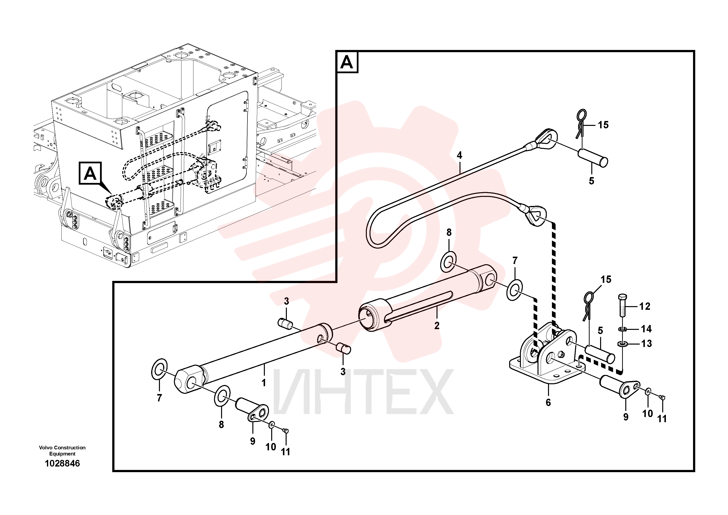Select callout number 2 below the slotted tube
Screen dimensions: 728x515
[x=437, y=325]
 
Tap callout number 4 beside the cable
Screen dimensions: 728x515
[x=459, y=155]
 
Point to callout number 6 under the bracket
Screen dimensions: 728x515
[x=548, y=403]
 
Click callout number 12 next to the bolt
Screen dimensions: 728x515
[x=645, y=306]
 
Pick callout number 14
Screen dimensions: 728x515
[x=646, y=329]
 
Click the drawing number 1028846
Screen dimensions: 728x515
[x=62, y=464]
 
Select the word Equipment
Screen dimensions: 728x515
[x=62, y=454]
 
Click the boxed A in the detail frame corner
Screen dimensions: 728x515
[x=347, y=62]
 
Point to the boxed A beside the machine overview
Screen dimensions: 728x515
[x=90, y=173]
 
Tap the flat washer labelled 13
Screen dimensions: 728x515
[x=623, y=344]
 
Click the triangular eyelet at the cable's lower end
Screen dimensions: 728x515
[x=536, y=216]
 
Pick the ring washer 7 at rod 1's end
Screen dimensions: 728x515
[x=159, y=369]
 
